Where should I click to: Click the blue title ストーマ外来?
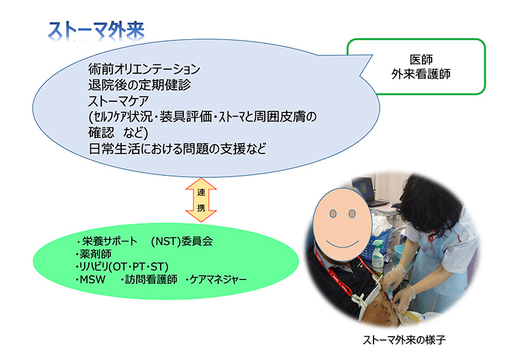(x=96, y=30)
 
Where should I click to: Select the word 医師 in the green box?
(x=421, y=60)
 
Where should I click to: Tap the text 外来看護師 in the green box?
(x=421, y=74)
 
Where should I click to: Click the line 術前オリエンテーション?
(x=144, y=69)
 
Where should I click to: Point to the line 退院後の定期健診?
(x=140, y=85)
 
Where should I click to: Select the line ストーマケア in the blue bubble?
(x=118, y=101)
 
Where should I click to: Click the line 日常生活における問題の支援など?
(x=177, y=149)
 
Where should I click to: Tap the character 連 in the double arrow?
(x=201, y=192)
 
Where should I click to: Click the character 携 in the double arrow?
(x=201, y=207)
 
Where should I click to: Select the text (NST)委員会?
(x=182, y=241)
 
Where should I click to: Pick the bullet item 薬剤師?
(x=94, y=254)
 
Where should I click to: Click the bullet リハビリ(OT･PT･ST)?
(x=122, y=267)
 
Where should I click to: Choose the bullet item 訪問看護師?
(x=149, y=279)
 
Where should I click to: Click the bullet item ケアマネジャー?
(x=216, y=279)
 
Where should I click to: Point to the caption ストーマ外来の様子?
(x=404, y=340)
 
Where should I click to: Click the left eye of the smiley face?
(x=333, y=214)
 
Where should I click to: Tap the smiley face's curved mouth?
(x=343, y=244)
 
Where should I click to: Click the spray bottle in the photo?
(x=378, y=254)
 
